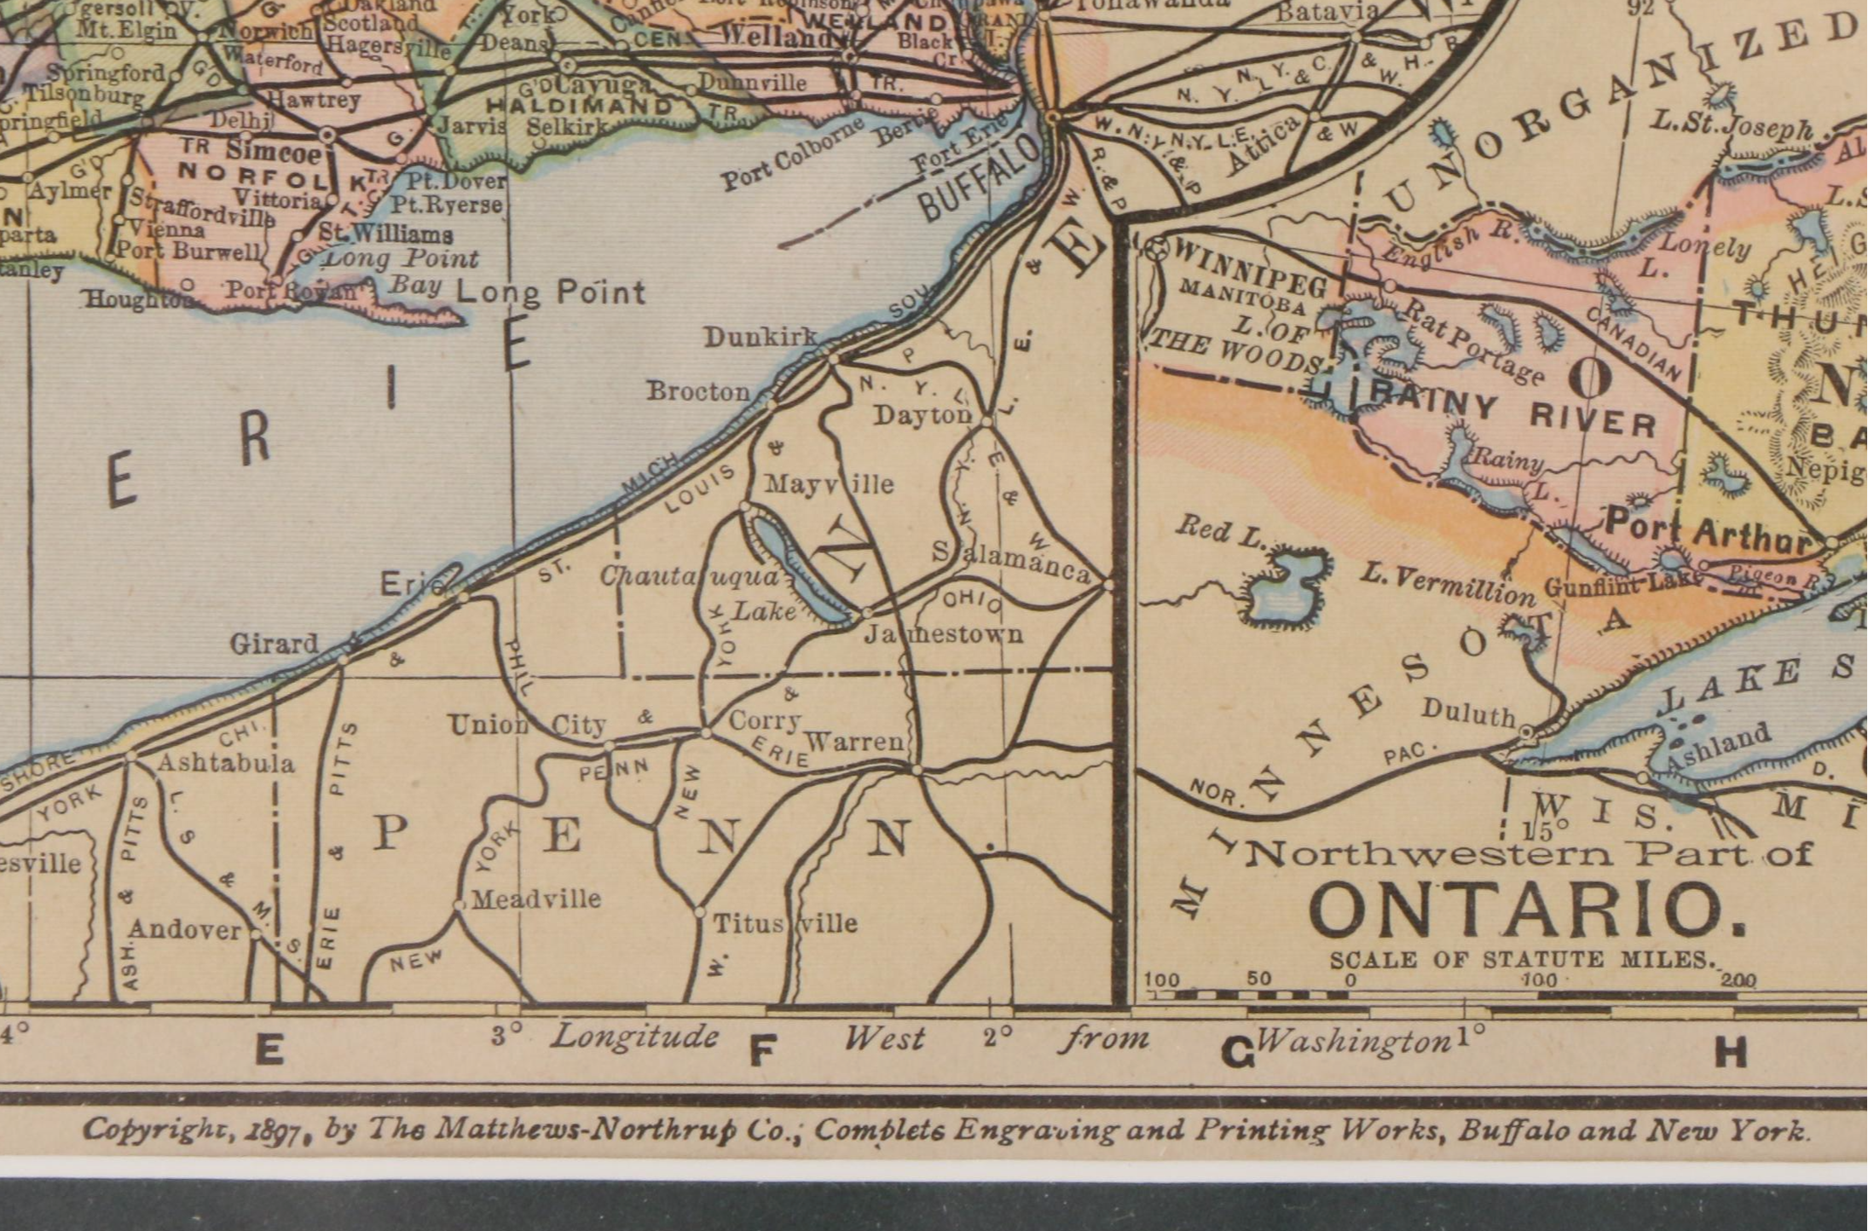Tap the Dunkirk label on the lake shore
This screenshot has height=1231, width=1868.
(x=760, y=338)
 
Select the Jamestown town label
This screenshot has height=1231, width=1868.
(x=944, y=633)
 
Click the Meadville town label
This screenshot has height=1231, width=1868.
(x=536, y=899)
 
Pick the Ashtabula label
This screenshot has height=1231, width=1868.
(x=226, y=762)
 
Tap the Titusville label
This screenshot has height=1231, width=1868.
(x=785, y=922)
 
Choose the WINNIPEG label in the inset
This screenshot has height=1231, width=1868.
(x=1249, y=265)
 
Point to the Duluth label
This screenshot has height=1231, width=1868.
(x=1468, y=713)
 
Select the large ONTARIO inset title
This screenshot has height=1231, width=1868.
(x=1526, y=911)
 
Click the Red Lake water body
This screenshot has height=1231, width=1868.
(x=1285, y=588)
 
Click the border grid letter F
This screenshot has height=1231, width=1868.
(x=760, y=1054)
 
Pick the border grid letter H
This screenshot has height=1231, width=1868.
(x=1731, y=1054)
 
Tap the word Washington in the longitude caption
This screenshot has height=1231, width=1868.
(x=1353, y=1041)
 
